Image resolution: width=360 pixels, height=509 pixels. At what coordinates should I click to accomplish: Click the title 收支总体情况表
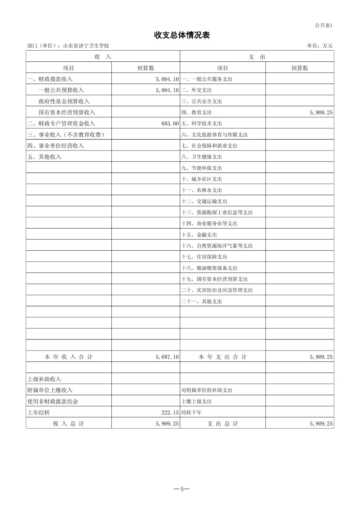click(x=182, y=35)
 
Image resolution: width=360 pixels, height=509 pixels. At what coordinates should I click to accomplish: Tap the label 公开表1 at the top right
click(x=323, y=25)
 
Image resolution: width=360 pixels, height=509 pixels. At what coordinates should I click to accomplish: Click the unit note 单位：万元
click(x=320, y=46)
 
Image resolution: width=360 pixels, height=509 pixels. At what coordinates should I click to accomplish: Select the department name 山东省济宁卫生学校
click(x=86, y=46)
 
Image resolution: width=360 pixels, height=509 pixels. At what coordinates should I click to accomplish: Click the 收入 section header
click(x=103, y=57)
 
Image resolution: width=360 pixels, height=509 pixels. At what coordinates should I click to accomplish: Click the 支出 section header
click(x=257, y=57)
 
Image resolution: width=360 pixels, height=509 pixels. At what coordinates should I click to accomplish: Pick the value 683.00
click(x=170, y=123)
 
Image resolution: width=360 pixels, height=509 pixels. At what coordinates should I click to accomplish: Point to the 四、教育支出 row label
click(x=196, y=112)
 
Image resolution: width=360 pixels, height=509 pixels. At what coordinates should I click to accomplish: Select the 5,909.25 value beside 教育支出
click(x=321, y=112)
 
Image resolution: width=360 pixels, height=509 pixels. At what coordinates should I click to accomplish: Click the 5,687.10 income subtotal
click(x=167, y=357)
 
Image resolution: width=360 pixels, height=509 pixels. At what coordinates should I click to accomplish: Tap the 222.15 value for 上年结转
click(x=170, y=413)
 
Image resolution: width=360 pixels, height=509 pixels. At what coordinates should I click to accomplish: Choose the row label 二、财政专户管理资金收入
click(x=61, y=123)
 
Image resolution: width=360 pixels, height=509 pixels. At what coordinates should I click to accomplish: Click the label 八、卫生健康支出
click(x=201, y=157)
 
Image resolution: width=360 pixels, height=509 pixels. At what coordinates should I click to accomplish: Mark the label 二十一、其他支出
click(x=201, y=301)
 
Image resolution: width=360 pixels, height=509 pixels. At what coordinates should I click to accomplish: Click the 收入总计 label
click(x=68, y=424)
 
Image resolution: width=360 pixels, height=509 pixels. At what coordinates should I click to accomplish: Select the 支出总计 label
click(x=222, y=424)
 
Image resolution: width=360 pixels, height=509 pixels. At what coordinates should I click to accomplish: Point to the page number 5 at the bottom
click(x=182, y=489)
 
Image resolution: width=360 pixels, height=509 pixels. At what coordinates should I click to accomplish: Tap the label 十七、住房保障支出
click(x=204, y=257)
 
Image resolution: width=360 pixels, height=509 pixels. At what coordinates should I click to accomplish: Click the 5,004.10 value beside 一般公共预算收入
click(x=167, y=90)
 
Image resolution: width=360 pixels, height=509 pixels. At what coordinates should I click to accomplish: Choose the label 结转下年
click(x=191, y=413)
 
